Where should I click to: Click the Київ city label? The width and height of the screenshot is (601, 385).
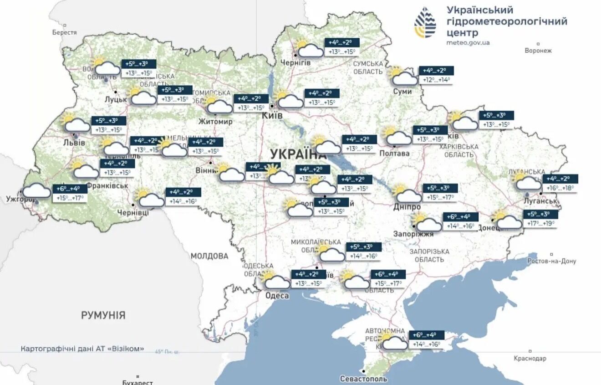coord(272,116)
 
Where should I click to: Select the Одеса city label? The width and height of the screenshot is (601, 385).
coord(277,296)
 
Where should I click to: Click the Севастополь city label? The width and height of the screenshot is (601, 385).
coord(363,379)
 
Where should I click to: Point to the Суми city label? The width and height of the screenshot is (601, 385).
coord(402,92)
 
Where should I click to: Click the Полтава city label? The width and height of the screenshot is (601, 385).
coord(395,154)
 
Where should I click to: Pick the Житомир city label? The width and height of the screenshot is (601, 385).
coord(215,122)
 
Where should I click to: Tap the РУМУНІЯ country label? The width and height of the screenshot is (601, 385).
coord(103,315)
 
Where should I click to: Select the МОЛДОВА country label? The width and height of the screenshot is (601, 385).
coord(209,256)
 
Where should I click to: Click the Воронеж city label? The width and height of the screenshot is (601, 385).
coord(538,51)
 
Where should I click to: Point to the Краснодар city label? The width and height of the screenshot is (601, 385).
coord(530,358)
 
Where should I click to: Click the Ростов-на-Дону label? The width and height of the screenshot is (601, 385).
coord(551,261)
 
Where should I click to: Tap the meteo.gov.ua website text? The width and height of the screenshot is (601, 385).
coord(468,43)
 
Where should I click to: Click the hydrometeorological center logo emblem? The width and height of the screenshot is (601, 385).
coord(425,22)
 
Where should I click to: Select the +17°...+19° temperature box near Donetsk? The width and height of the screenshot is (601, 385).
coord(540,224)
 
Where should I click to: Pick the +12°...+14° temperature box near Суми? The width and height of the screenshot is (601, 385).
coord(436,80)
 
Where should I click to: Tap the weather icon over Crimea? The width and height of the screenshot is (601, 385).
coord(394,341)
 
